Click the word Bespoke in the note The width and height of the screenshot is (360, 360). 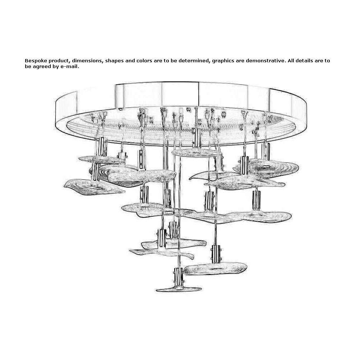[36, 61]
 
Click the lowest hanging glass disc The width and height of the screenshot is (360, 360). [179, 289]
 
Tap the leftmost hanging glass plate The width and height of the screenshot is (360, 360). [94, 186]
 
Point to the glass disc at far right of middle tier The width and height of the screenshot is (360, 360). [260, 216]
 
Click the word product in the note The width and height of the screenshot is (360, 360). [59, 61]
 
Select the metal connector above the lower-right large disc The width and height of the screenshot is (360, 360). [216, 254]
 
